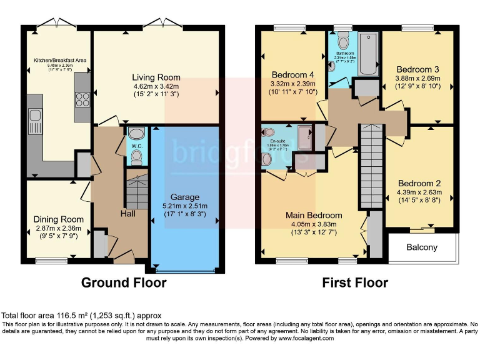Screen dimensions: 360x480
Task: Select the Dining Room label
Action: click(58, 219)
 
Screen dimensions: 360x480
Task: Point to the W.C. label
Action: click(136, 147)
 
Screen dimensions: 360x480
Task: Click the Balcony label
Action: click(422, 247)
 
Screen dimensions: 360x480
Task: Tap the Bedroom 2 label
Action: click(419, 183)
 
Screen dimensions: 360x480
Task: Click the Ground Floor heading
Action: click(124, 282)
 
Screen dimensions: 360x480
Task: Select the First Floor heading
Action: click(355, 282)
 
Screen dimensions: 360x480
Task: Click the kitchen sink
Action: click(34, 122)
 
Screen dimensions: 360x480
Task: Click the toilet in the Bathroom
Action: click(342, 41)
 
